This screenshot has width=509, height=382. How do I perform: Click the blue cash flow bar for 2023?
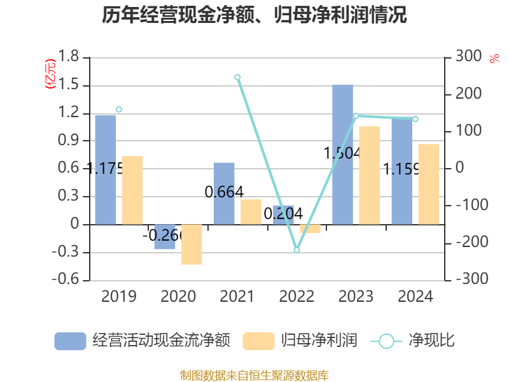point(342,155)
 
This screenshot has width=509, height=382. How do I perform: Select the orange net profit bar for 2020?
point(192,244)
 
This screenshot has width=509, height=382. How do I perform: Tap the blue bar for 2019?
point(106,169)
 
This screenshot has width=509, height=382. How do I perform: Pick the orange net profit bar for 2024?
point(428,184)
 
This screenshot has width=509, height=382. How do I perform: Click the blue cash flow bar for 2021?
point(224,193)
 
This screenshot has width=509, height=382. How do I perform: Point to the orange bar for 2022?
point(310,229)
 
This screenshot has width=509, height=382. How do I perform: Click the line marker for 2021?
point(237,77)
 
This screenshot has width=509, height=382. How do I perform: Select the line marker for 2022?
point(296,250)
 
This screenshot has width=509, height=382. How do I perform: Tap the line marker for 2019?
point(119,110)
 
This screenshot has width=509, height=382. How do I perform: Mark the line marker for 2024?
point(415,119)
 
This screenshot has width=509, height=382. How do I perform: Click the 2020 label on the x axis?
point(178,297)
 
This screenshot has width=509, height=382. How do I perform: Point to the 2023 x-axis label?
point(356,297)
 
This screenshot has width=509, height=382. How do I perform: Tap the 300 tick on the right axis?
point(468,57)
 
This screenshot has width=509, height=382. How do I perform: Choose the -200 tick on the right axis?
point(466,243)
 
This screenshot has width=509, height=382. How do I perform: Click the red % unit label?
point(494,58)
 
